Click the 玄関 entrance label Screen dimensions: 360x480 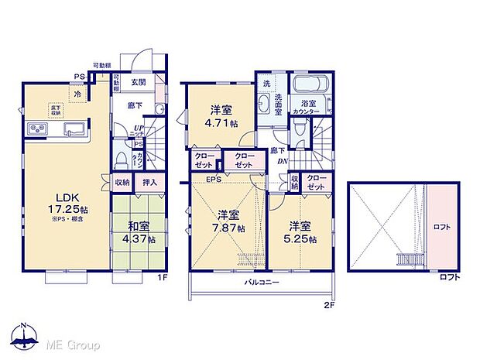(x=138, y=84)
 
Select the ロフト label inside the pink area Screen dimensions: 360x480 (x=441, y=226)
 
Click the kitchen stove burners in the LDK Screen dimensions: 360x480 (x=38, y=129)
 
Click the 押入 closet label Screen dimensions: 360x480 (x=149, y=183)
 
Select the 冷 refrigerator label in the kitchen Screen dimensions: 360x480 (x=77, y=94)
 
